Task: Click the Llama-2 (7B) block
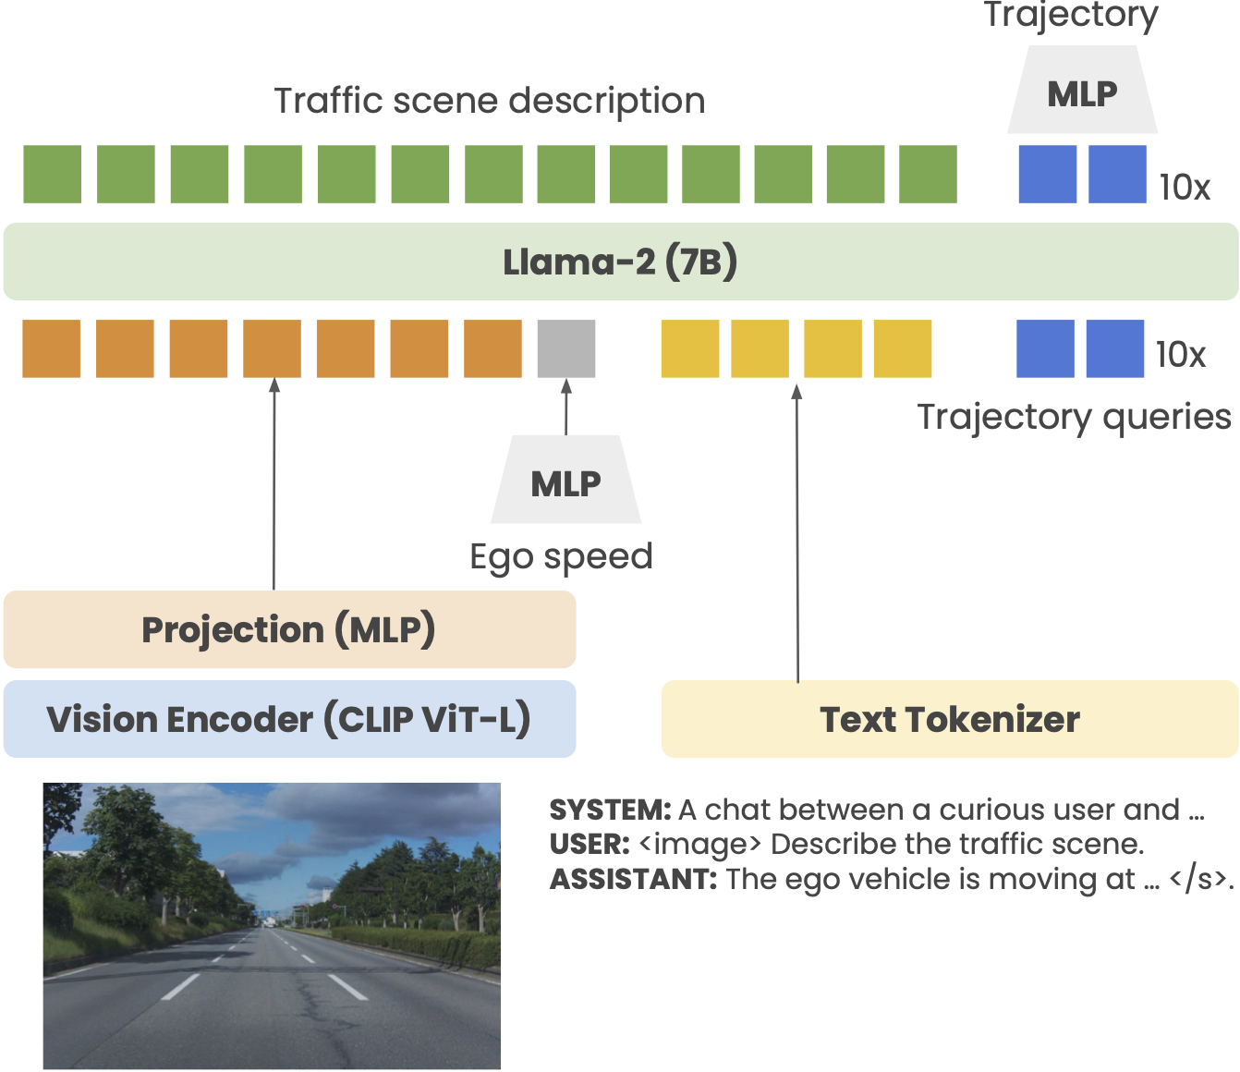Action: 620,262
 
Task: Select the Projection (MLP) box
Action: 289,629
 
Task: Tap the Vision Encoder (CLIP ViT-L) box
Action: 289,719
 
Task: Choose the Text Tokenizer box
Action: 949,719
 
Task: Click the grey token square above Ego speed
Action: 566,348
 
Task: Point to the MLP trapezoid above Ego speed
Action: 565,481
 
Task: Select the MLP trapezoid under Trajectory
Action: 1082,91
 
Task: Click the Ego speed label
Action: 561,556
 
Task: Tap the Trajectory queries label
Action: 1074,417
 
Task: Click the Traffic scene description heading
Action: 490,101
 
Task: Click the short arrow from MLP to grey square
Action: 566,407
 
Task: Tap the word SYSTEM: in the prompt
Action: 610,810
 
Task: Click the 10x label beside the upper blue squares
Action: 1185,187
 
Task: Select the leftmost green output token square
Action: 53,174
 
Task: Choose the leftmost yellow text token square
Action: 690,348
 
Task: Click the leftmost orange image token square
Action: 52,348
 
